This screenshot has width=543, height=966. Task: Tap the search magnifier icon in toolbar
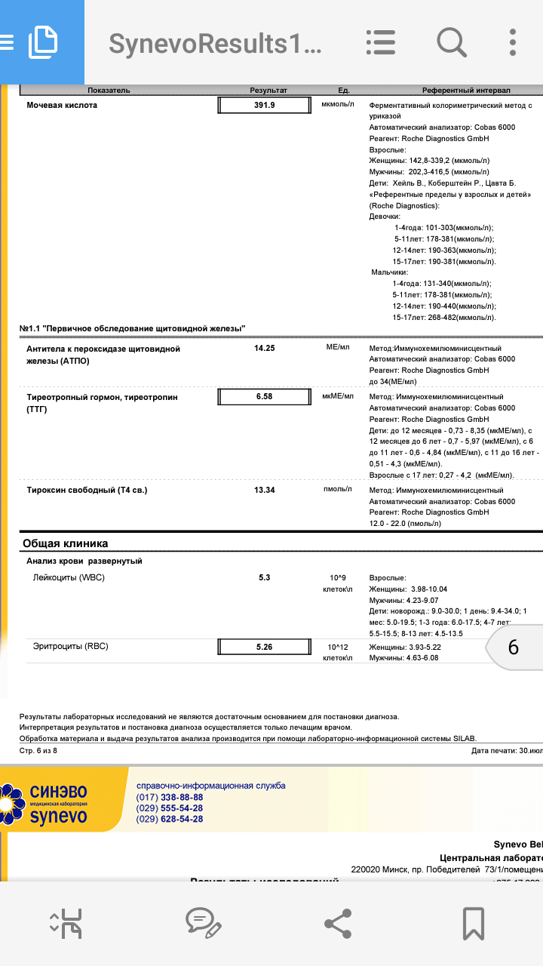click(451, 42)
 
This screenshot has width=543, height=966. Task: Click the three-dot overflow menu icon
click(513, 42)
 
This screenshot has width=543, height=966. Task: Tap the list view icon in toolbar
click(380, 42)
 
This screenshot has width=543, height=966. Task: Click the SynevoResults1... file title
click(215, 44)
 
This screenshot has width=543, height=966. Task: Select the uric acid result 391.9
click(264, 106)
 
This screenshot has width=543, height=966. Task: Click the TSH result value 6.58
click(264, 397)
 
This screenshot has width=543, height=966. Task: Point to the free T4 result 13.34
click(264, 490)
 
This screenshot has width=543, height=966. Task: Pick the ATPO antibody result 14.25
click(264, 349)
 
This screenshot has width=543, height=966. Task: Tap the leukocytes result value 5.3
click(264, 577)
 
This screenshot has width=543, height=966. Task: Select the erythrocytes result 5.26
click(264, 647)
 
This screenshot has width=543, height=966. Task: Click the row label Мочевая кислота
click(62, 106)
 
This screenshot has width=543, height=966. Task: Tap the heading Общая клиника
click(66, 543)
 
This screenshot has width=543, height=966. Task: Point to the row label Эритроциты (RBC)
click(71, 646)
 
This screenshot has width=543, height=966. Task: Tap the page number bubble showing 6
click(513, 648)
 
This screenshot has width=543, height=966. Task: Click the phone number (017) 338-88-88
click(170, 797)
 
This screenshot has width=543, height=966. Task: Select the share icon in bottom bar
click(337, 923)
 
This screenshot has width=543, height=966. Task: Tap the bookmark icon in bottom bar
click(473, 923)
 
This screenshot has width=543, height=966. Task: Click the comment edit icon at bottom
click(203, 923)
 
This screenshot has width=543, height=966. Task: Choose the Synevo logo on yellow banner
click(49, 803)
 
